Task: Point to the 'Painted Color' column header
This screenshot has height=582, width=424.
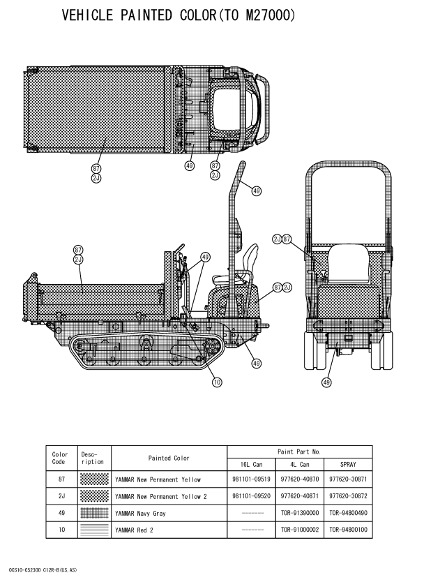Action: pyautogui.click(x=168, y=458)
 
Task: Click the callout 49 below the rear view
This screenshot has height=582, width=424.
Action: pyautogui.click(x=326, y=382)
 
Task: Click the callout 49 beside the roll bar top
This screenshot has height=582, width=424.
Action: pyautogui.click(x=257, y=191)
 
